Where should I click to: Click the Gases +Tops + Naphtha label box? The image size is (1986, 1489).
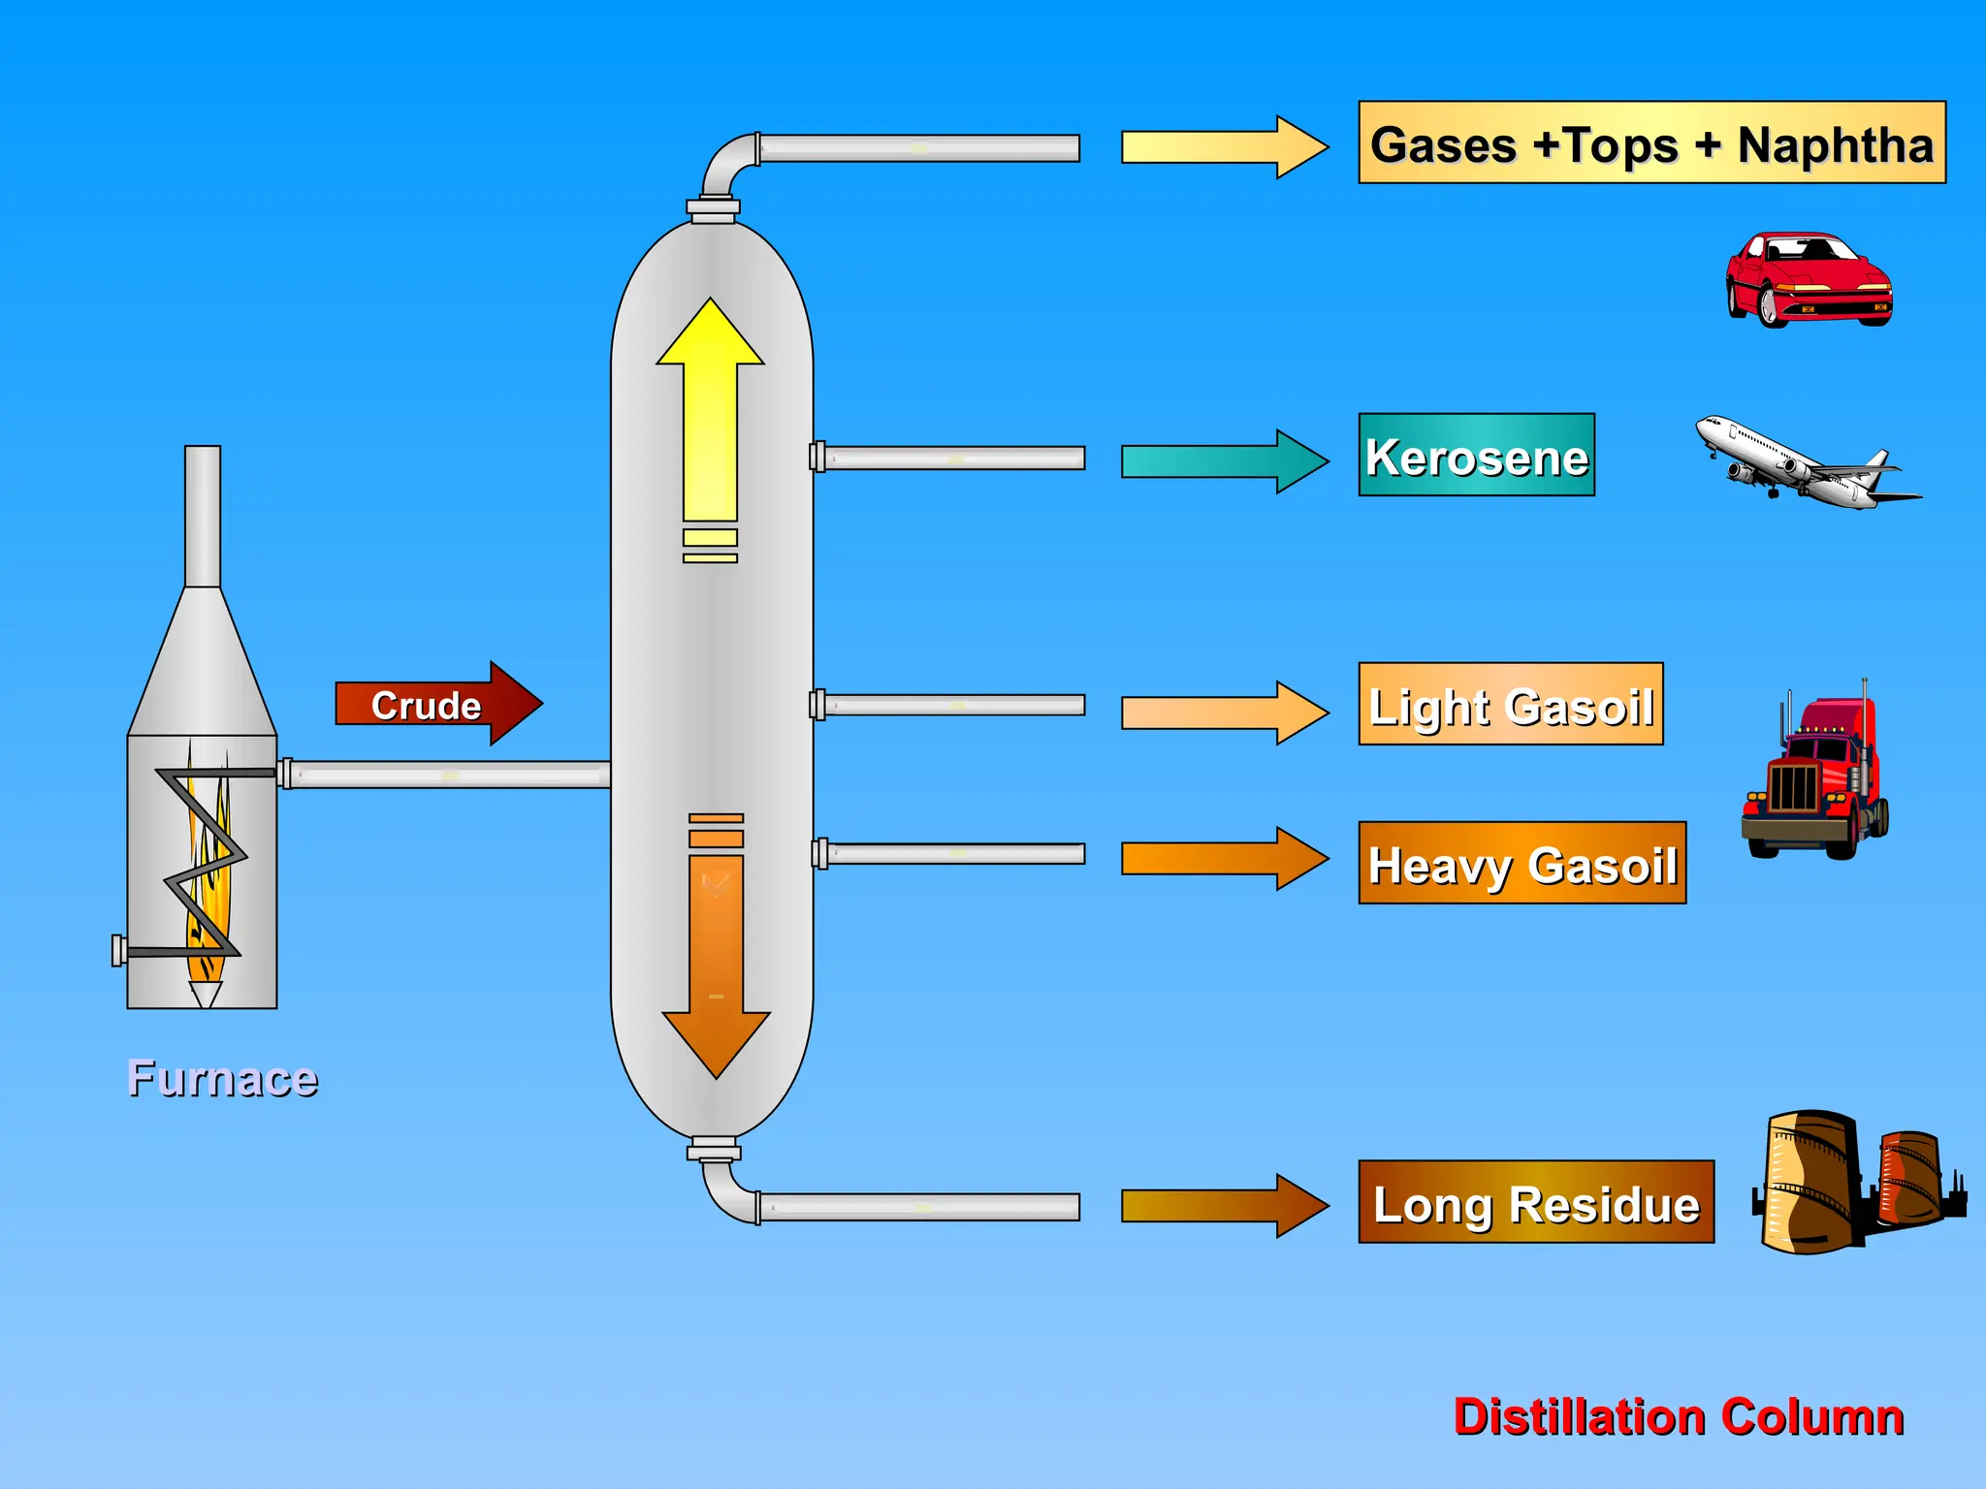(1651, 143)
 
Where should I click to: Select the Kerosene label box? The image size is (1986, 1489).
(1476, 456)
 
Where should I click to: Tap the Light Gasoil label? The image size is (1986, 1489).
(1510, 705)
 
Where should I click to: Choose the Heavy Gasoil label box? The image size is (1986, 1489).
(1522, 864)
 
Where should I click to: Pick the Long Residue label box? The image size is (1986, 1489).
(1535, 1203)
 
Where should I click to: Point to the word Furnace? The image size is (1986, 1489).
(222, 1079)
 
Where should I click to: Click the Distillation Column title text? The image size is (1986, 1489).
(1678, 1417)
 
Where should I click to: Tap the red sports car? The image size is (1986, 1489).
(1808, 280)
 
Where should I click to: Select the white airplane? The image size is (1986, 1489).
(1806, 464)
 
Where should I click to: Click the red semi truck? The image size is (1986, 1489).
(1814, 776)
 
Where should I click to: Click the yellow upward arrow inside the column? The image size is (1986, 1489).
(710, 417)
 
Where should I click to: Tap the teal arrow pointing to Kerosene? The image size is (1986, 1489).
(1222, 461)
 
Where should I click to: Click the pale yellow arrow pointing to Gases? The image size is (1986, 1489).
(1222, 147)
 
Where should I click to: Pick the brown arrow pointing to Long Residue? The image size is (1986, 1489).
(1222, 1206)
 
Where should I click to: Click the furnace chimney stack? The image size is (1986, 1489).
(203, 516)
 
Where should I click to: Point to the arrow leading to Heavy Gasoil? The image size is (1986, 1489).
(1222, 859)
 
